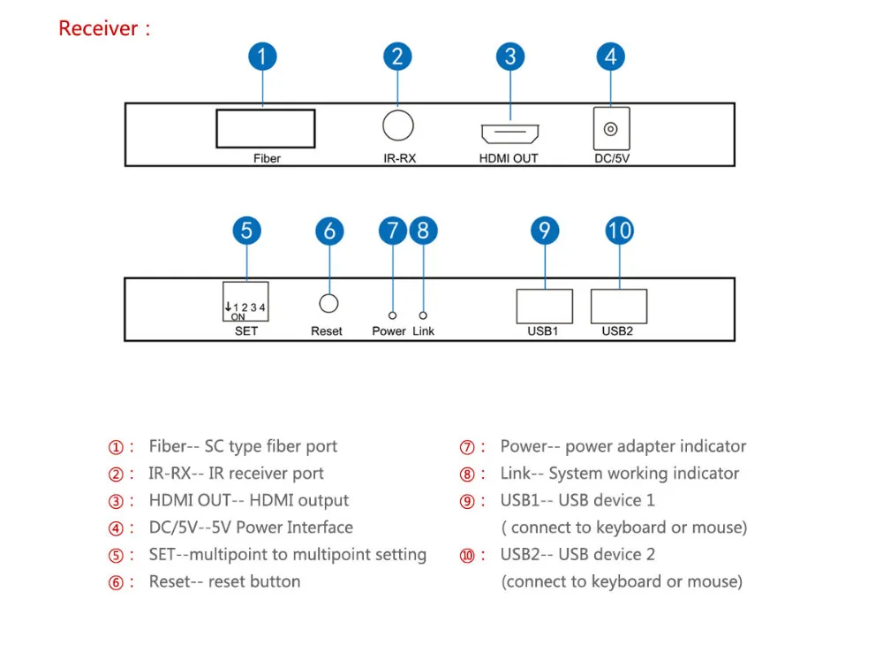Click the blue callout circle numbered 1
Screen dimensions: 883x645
click(262, 57)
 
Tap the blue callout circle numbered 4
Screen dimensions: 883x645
click(610, 57)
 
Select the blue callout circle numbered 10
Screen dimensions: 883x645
click(620, 231)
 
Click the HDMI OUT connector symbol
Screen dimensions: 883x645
click(510, 133)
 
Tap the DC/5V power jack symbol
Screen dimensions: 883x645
click(612, 129)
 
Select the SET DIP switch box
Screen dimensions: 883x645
click(245, 301)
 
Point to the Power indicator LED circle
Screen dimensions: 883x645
click(393, 315)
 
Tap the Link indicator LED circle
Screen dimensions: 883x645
click(423, 315)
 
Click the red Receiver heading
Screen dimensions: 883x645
click(104, 28)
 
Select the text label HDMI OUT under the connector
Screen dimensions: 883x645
click(509, 158)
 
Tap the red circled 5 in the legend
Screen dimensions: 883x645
click(116, 556)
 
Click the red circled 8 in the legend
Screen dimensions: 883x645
click(467, 474)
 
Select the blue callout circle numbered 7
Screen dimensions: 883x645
click(393, 231)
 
